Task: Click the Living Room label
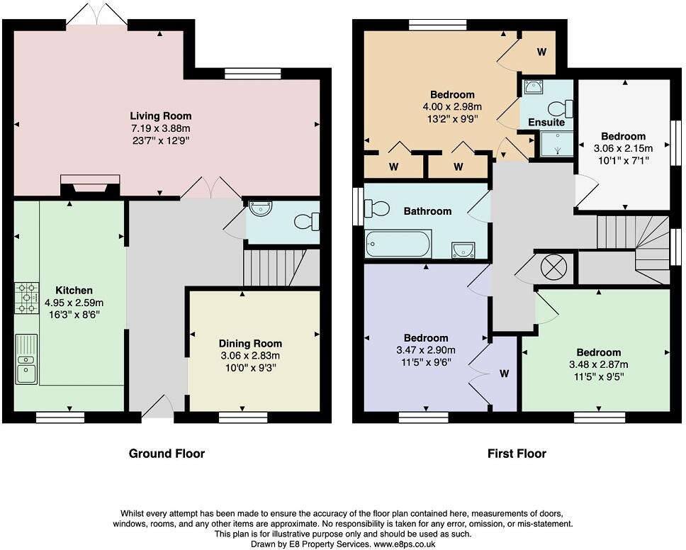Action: point(161,116)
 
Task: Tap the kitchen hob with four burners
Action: point(27,298)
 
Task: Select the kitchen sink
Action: point(27,359)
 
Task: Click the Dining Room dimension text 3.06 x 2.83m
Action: point(250,355)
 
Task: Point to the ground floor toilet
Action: point(307,221)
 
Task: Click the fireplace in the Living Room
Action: point(90,185)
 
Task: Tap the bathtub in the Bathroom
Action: point(398,243)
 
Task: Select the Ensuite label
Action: point(546,122)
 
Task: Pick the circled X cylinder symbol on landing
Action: point(553,266)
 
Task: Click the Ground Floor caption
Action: point(167,454)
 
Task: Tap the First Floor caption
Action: point(517,454)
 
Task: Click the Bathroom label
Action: point(427,211)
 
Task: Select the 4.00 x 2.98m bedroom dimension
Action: point(452,106)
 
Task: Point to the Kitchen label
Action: point(74,290)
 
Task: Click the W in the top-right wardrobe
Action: point(541,52)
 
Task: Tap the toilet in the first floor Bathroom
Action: point(377,208)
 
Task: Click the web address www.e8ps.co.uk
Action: point(404,544)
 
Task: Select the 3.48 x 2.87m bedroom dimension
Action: point(599,364)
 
